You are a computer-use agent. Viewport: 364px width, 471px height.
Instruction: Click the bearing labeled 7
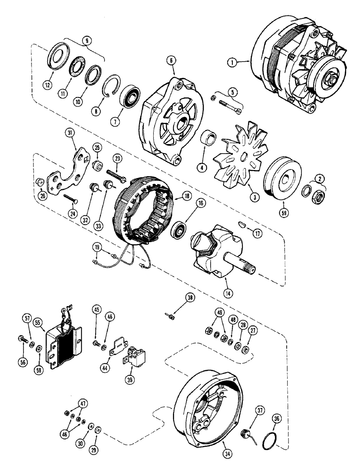[x=130, y=99]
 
